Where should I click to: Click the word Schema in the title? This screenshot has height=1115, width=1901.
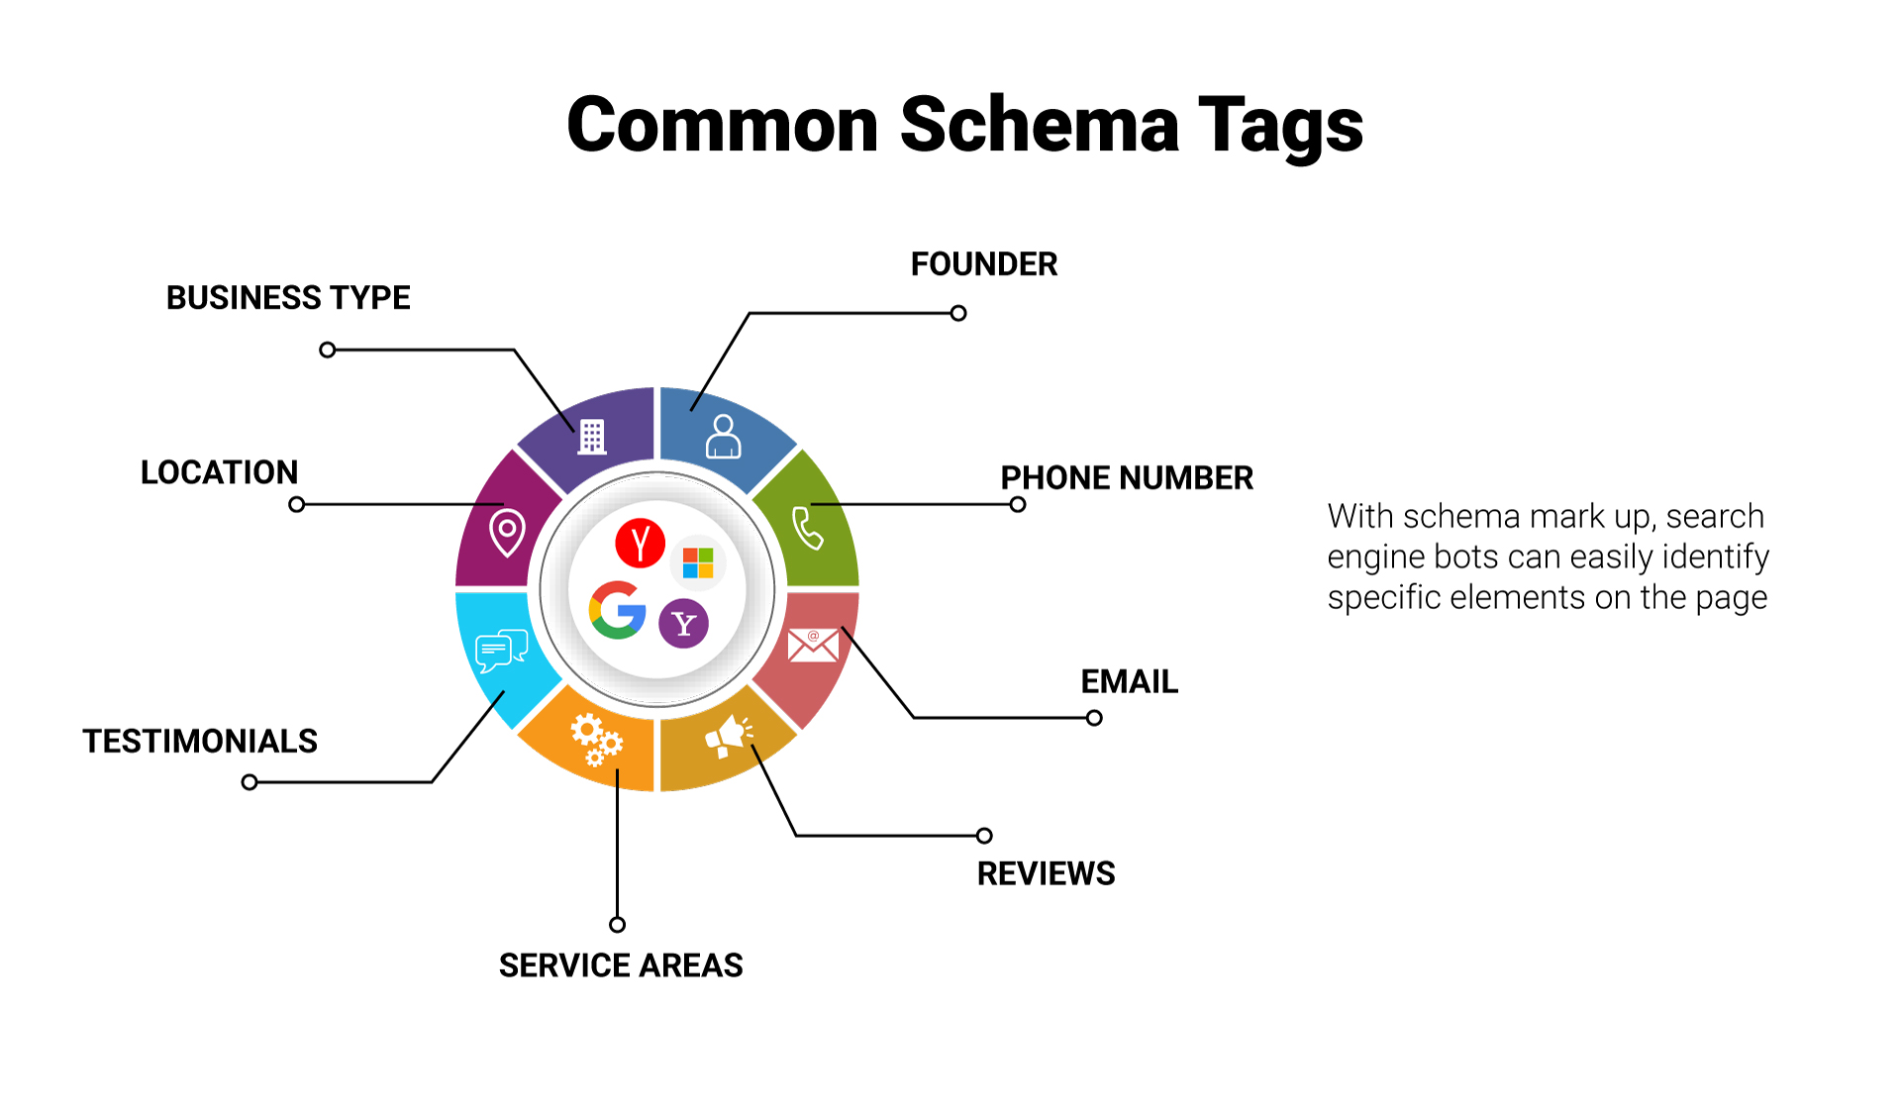[x=1039, y=126]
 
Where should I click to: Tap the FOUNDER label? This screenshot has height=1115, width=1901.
[x=983, y=264]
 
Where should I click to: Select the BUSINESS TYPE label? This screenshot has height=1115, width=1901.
[x=287, y=298]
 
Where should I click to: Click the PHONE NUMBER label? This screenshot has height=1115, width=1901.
[x=1126, y=478]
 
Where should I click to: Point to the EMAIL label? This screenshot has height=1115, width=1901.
[x=1129, y=682]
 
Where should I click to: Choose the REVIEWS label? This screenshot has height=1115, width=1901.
[x=1046, y=874]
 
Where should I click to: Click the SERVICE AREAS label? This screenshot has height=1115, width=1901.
[x=620, y=965]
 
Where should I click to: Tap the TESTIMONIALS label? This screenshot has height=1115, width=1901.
[x=199, y=742]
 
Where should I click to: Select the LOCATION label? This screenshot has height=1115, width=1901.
[x=219, y=472]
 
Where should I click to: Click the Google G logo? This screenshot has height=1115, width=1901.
[x=618, y=610]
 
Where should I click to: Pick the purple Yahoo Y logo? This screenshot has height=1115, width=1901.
[x=683, y=624]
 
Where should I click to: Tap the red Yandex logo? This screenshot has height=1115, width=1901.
[x=640, y=543]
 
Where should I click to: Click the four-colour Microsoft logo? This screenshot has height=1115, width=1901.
[x=698, y=563]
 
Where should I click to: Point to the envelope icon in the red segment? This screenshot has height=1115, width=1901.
[x=813, y=646]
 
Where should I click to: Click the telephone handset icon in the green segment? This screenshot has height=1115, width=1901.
[x=808, y=528]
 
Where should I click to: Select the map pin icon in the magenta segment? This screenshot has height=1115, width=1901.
[x=507, y=533]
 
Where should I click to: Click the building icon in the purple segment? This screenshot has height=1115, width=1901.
[x=592, y=437]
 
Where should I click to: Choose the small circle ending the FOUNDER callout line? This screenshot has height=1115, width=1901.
[x=958, y=314]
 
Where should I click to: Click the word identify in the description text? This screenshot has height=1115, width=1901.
[x=1715, y=557]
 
